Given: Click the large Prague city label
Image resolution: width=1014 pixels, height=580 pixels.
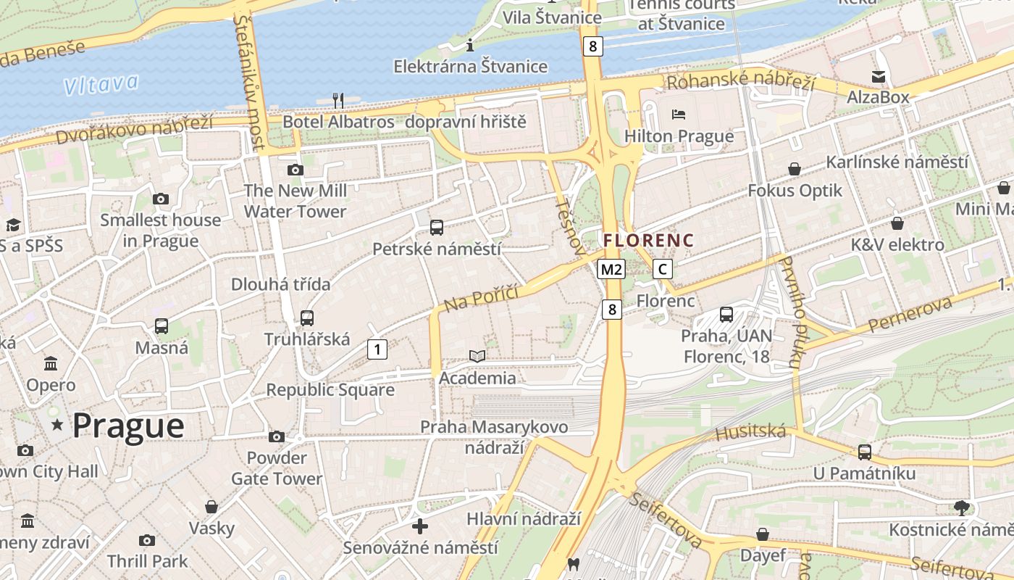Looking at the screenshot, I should coord(128,426).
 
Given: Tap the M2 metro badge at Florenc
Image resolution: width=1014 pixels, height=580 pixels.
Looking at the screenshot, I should coord(611,270).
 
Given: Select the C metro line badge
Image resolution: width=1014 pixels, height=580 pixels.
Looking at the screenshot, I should coord(662,270).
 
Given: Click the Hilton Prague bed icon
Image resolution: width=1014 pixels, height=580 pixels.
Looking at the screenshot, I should coord(679,115).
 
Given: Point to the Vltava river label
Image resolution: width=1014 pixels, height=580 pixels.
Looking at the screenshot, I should coord(100,84).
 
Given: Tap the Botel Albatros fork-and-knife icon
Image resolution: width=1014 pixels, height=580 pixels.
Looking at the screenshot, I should coord(338,100).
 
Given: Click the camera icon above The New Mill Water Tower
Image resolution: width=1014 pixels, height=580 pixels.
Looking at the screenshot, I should coord(295,170).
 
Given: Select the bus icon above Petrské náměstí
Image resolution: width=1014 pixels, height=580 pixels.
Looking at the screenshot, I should coord(437,228).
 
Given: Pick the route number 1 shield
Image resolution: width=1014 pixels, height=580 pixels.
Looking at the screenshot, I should coord(377,349).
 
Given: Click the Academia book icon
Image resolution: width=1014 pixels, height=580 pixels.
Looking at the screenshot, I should coord(477,356).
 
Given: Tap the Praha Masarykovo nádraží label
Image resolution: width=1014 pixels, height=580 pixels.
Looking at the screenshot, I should coord(494,437).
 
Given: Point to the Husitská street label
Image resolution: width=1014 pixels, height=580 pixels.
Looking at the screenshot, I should coord(750,433).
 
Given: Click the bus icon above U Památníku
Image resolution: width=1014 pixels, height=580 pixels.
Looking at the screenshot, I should coord(864,452).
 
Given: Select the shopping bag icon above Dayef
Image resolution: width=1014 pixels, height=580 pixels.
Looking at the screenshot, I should coord(763,534).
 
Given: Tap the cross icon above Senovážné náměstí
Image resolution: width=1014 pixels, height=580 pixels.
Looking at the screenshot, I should coord(420,526).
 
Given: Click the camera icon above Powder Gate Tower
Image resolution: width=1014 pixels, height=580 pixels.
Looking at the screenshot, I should coord(277,436).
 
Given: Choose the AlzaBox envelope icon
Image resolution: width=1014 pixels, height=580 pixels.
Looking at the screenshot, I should coord(879,77).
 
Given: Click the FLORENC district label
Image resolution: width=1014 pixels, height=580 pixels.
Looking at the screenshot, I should coord(648,240).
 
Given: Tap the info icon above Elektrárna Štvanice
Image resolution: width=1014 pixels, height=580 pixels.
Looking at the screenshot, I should coord(470,46).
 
